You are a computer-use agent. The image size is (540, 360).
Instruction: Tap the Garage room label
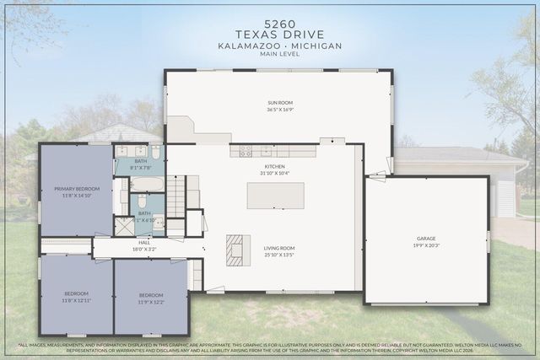tap(425, 239)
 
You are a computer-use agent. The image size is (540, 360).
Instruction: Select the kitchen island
tap(274, 195)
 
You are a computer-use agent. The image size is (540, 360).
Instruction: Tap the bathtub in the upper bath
tap(146, 183)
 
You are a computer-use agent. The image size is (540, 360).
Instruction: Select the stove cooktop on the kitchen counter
tap(246, 151)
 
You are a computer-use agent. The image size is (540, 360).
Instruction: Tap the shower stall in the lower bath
tap(124, 225)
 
